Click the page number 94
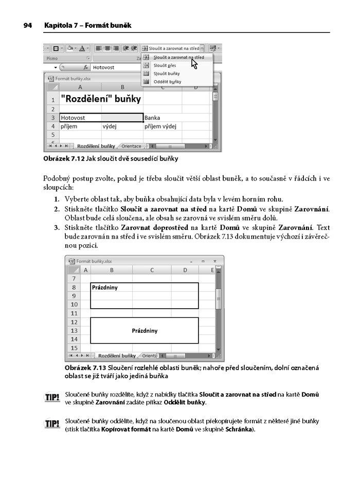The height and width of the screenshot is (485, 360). [28, 25]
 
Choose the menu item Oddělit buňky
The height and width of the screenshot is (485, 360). [167, 81]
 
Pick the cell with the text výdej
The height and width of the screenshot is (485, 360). [110, 125]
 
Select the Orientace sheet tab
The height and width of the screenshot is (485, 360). [131, 146]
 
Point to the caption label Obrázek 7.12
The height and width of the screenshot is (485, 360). [64, 158]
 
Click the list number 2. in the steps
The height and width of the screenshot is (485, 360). [57, 209]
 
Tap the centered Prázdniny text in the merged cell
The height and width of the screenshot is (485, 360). [145, 331]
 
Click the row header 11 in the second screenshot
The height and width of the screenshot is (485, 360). [74, 313]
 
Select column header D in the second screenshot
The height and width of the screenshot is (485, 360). [186, 270]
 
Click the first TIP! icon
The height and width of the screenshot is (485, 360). [52, 398]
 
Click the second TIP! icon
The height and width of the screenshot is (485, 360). [52, 425]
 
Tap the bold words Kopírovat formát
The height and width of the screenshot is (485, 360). [125, 429]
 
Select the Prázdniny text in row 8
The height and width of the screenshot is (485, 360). [105, 288]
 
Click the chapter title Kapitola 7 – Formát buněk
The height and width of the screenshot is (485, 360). [87, 25]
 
